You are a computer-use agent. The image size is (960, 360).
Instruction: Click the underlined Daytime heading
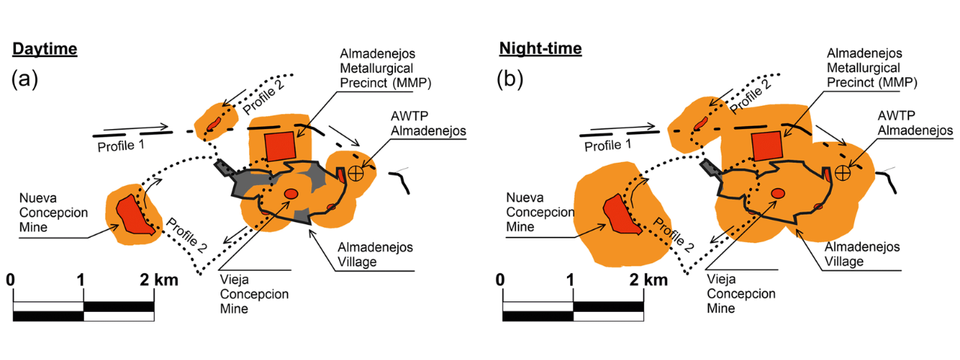(44, 49)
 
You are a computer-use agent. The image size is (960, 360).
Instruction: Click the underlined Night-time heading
(540, 49)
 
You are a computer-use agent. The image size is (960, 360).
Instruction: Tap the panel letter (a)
(26, 79)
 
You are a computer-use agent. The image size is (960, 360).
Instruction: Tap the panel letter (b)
(514, 79)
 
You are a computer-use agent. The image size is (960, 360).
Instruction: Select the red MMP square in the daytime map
(280, 145)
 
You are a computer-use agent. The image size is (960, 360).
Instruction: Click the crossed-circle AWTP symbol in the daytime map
(355, 172)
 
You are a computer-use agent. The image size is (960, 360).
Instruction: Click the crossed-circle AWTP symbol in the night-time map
(843, 172)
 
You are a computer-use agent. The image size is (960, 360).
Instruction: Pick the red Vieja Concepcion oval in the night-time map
(778, 193)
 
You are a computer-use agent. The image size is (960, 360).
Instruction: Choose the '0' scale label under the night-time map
(501, 280)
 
